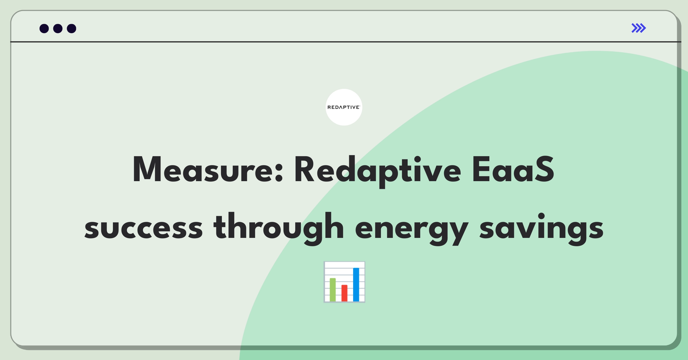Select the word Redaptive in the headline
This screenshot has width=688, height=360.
click(x=378, y=171)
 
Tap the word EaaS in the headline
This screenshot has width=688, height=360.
click(x=513, y=169)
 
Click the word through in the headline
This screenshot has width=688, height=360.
click(x=278, y=229)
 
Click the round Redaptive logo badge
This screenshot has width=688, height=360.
click(x=344, y=107)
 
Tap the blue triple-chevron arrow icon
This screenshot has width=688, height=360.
click(x=639, y=28)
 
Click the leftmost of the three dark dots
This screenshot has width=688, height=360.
click(x=44, y=28)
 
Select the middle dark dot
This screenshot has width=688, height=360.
click(x=58, y=28)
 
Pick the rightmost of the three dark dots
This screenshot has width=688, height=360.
click(x=72, y=28)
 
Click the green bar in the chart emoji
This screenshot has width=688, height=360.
click(x=333, y=289)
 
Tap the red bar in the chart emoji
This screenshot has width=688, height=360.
click(x=344, y=293)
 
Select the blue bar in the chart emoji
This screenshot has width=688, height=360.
click(x=356, y=284)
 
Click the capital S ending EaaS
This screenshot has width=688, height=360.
click(x=543, y=169)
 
